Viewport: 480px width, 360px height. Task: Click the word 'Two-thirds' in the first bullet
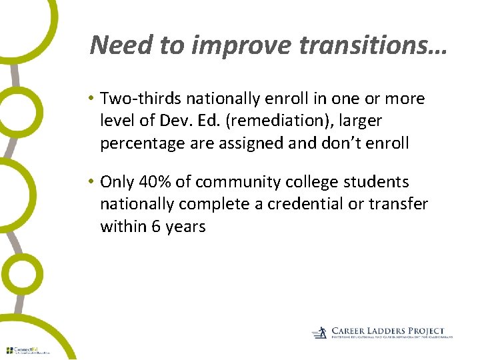point(141,99)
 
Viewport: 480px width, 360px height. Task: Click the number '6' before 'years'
point(156,227)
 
